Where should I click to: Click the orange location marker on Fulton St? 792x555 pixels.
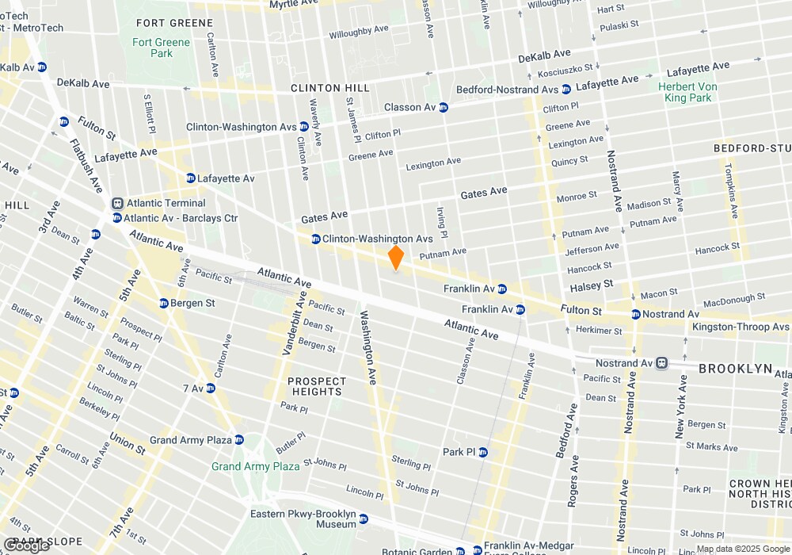(x=396, y=258)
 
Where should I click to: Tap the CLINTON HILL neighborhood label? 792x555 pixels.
(x=326, y=88)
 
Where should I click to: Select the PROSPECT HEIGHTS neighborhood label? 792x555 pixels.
(x=316, y=386)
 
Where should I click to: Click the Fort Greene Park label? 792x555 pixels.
(x=162, y=48)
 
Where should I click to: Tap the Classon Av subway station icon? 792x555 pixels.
(x=444, y=107)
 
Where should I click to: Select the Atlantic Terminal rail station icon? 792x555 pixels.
(x=117, y=204)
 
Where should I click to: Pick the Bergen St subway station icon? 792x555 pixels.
(x=164, y=303)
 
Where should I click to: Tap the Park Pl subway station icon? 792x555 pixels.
(x=482, y=452)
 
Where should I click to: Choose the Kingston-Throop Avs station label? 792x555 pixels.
(x=741, y=327)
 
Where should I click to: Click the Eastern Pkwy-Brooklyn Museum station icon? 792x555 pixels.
(x=364, y=519)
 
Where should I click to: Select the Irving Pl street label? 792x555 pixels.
(x=442, y=224)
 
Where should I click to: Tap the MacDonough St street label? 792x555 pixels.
(x=724, y=301)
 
